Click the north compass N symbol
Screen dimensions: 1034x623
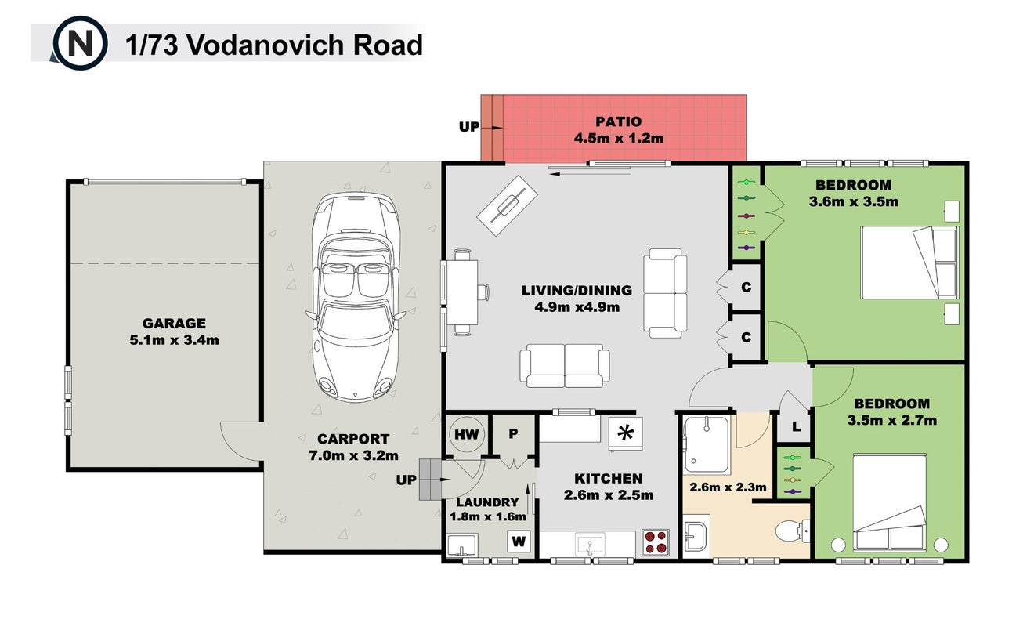[x=80, y=43]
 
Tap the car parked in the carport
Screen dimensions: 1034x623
[x=355, y=297]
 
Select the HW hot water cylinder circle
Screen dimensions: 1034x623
[x=467, y=434]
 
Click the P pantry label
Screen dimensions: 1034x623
[x=513, y=433]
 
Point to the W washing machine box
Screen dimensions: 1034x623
[x=519, y=541]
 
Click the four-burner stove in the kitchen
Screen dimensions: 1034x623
[x=656, y=542]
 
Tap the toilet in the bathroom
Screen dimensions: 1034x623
[x=792, y=531]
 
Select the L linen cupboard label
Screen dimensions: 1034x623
[x=797, y=427]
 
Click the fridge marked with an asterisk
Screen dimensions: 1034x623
[x=625, y=433]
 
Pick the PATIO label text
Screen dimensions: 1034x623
[x=618, y=121]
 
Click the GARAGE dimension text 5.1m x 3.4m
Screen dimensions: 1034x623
[x=174, y=340]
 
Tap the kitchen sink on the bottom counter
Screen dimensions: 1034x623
[x=590, y=545]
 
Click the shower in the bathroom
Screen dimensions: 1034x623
[x=707, y=445]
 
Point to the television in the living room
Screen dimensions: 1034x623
[x=507, y=205]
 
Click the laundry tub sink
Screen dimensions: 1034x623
[x=461, y=545]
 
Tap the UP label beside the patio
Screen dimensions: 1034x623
[x=469, y=126]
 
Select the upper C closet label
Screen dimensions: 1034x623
[x=746, y=288]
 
